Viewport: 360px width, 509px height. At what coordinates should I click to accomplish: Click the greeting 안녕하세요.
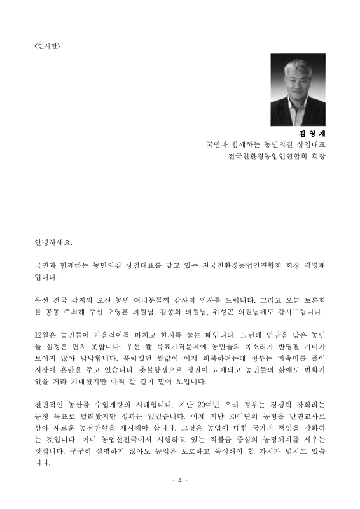point(53,243)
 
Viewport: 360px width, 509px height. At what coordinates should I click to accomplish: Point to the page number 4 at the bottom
point(180,480)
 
